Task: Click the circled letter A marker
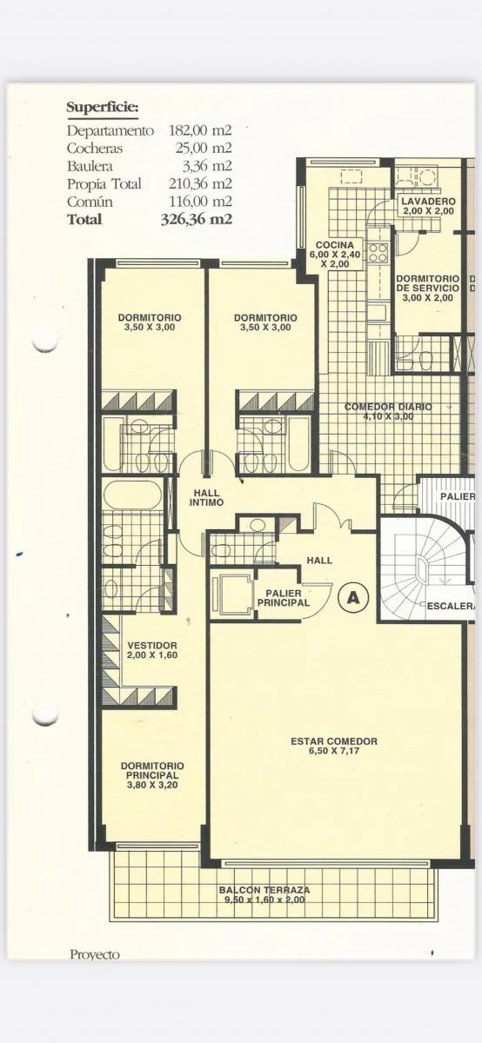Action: (353, 597)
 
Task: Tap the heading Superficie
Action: (103, 108)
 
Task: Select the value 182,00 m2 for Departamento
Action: (200, 130)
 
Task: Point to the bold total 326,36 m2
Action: (197, 219)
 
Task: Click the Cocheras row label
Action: (95, 148)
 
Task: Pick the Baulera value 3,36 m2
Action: (206, 166)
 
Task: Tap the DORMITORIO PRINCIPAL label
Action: (152, 775)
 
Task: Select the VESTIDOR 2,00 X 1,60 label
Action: (152, 650)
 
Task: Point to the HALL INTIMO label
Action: (206, 498)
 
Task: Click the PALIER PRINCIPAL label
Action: (284, 598)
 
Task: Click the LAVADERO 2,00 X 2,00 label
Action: (428, 206)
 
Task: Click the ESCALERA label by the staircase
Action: (452, 607)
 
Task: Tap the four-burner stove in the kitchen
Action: (378, 253)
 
